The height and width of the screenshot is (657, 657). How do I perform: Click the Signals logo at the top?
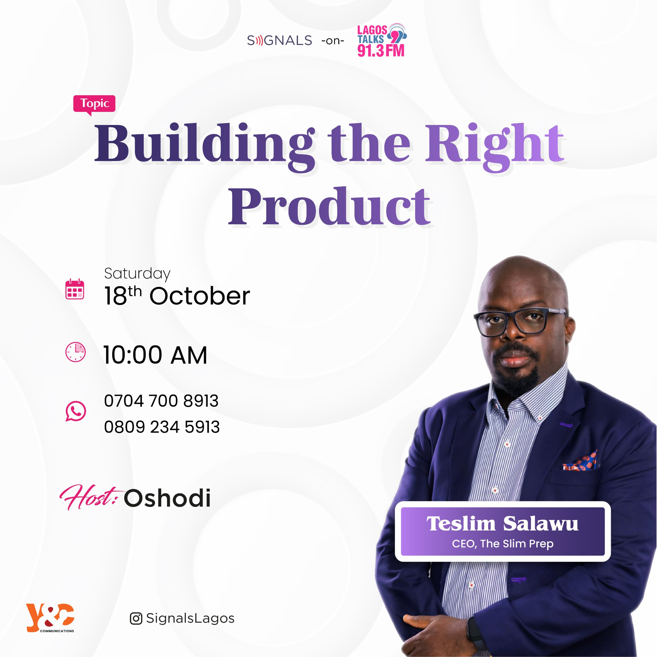click(x=279, y=41)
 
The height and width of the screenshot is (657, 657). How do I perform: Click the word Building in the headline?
click(x=204, y=145)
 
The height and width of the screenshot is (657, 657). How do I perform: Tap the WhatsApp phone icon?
click(x=76, y=411)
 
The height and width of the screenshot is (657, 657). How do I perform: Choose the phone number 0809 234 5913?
click(x=162, y=427)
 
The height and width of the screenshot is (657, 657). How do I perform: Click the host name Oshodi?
click(x=167, y=498)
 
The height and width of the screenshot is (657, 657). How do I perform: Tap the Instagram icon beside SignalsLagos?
click(x=136, y=618)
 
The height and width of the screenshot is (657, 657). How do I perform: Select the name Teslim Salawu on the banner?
click(x=502, y=524)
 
